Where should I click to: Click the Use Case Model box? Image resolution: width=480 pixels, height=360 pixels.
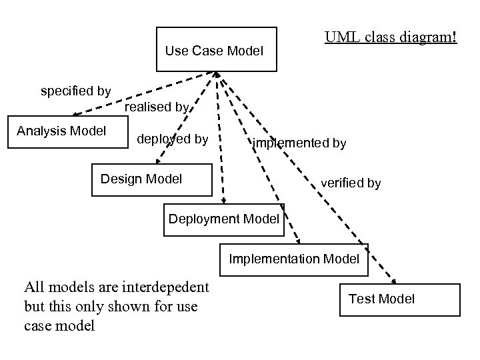[x=216, y=49]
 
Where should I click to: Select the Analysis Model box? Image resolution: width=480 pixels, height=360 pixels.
[x=61, y=131]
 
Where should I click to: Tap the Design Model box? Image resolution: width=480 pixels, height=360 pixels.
[x=151, y=179]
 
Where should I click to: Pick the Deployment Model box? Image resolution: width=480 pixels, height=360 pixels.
[x=224, y=219]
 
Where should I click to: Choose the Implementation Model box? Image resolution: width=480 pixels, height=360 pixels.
[x=294, y=259]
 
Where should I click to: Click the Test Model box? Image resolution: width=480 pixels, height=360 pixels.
[x=400, y=299]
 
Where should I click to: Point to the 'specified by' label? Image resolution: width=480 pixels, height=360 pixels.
[x=76, y=91]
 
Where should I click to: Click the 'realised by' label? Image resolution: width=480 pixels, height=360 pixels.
[x=157, y=107]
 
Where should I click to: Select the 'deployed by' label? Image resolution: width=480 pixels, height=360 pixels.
[x=172, y=139]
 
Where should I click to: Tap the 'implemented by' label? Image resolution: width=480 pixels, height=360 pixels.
[x=299, y=143]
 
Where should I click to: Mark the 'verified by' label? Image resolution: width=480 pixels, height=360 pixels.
[x=351, y=183]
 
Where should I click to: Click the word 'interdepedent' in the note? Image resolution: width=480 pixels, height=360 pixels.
[x=168, y=287]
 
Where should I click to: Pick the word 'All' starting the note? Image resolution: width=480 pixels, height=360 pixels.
[x=35, y=287]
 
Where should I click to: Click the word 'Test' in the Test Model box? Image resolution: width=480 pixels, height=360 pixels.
[x=362, y=299]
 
